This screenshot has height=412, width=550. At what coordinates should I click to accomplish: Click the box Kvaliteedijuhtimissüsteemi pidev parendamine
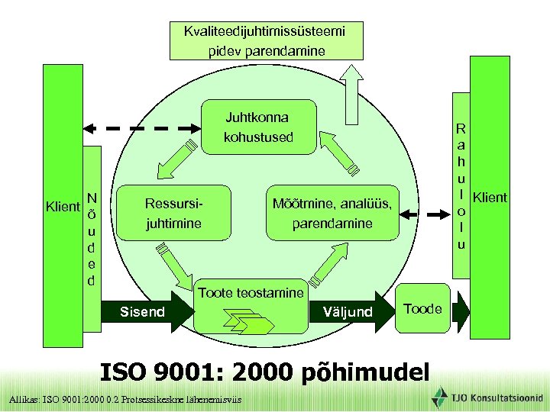click(x=265, y=41)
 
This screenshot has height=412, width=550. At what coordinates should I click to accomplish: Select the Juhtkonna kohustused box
click(x=257, y=128)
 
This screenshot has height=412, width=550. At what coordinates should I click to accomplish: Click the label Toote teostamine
click(x=251, y=292)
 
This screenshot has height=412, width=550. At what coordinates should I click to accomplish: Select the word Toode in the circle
click(x=422, y=309)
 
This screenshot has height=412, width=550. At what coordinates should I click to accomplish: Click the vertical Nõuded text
click(x=91, y=238)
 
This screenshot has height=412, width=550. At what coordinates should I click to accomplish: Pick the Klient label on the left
click(x=63, y=206)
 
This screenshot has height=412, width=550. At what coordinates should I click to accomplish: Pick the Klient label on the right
click(x=490, y=198)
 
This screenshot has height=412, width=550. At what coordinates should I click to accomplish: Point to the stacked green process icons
click(x=247, y=322)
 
